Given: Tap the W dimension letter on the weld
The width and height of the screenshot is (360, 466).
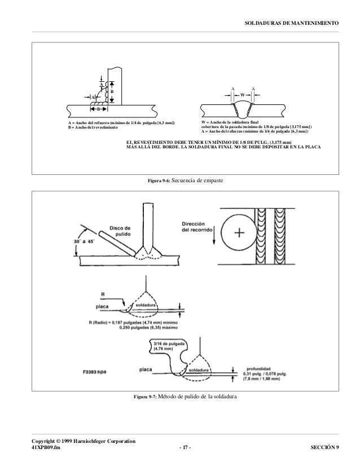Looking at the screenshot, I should (243, 94).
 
